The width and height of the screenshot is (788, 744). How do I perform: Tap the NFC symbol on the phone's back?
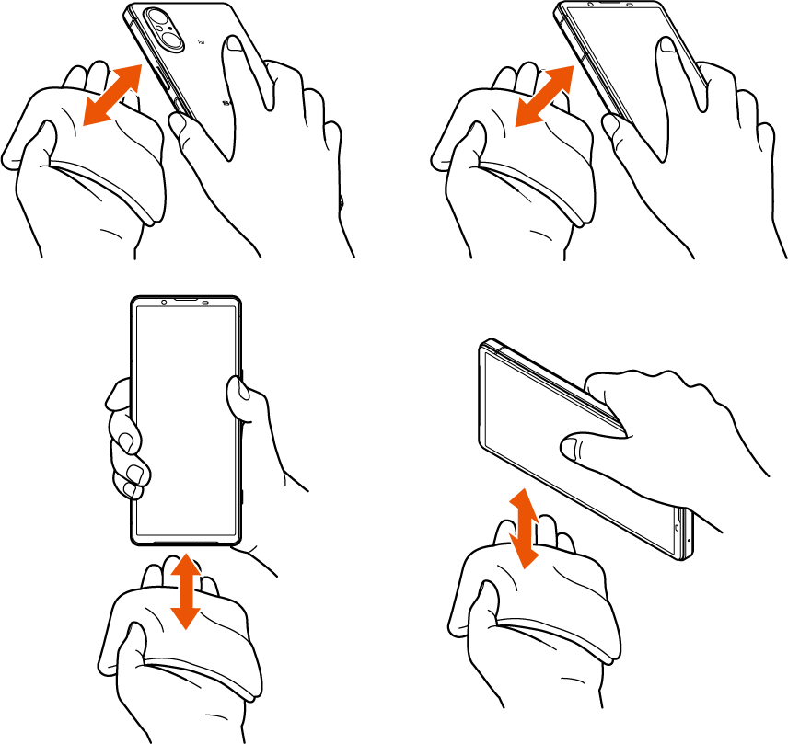click(x=202, y=42)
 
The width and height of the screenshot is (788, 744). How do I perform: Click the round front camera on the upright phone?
click(x=163, y=302)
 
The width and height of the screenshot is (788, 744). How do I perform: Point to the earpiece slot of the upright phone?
click(x=188, y=301)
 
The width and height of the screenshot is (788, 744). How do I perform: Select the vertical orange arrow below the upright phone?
click(x=186, y=589)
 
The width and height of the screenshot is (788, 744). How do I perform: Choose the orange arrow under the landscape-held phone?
click(x=524, y=528)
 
